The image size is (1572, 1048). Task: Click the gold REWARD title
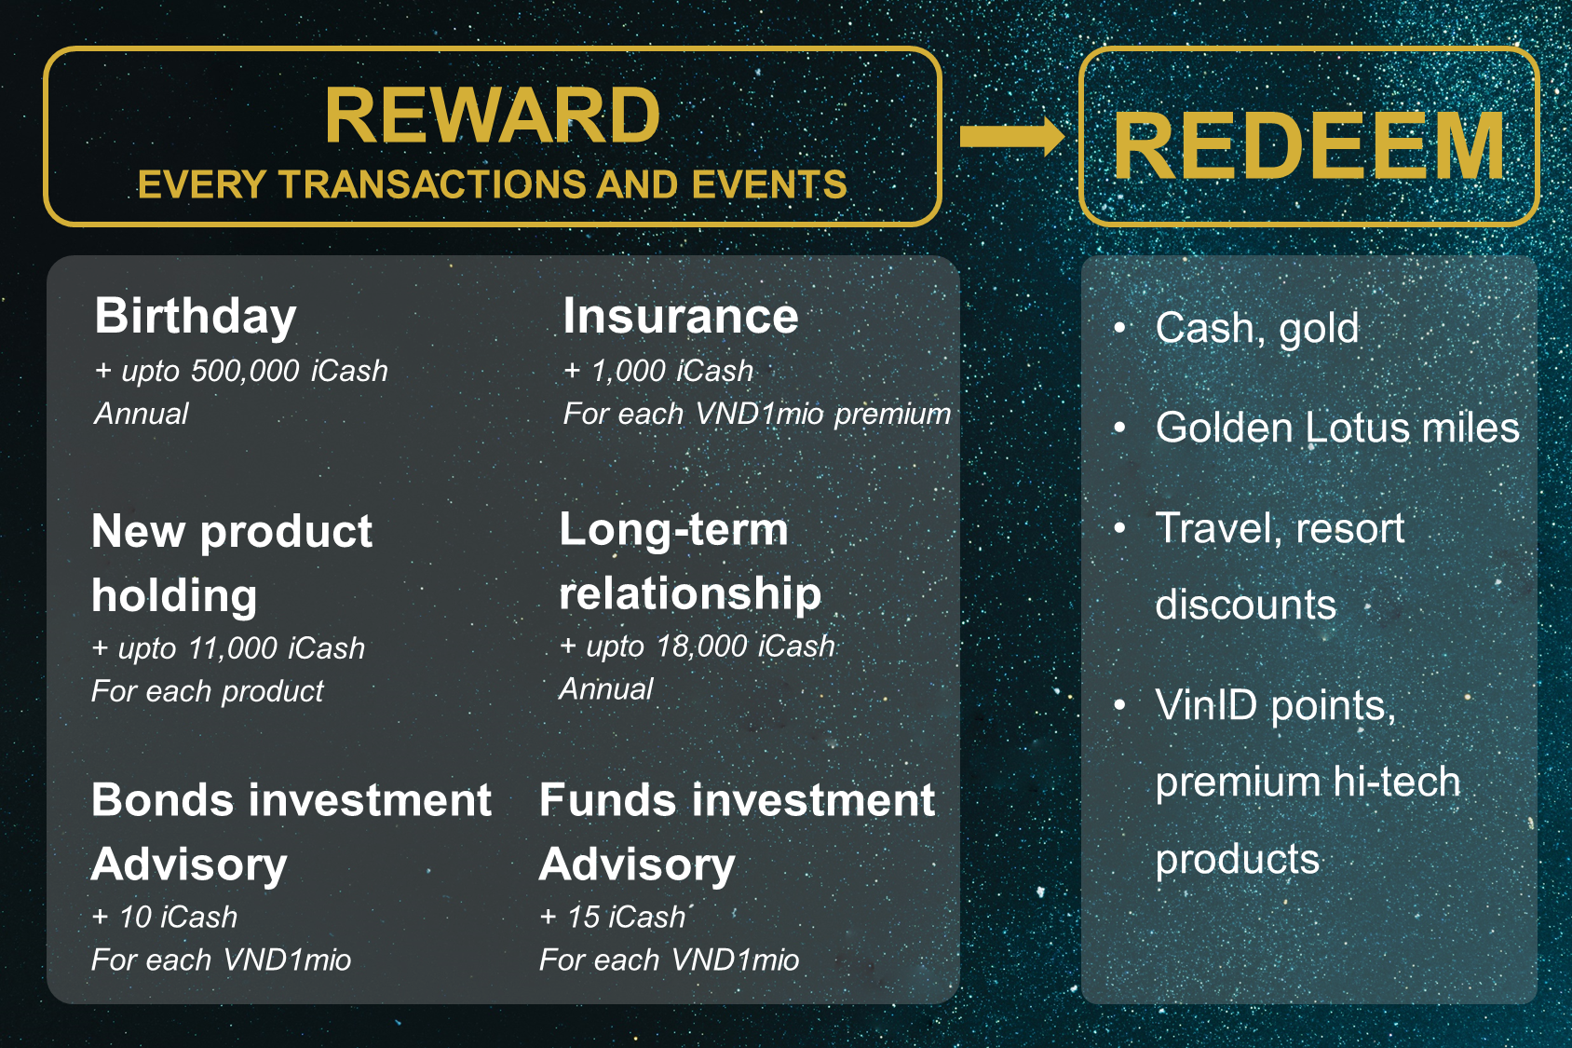coord(492,116)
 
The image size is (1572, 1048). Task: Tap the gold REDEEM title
coord(1309,146)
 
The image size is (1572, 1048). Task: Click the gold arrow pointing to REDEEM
coord(1012,136)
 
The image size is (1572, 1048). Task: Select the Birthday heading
coord(195,318)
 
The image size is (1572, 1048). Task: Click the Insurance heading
coord(681,316)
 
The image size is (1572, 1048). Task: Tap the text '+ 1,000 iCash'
coord(658,371)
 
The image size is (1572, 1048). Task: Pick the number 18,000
coord(700,646)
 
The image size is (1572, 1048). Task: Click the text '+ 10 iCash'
coord(164,917)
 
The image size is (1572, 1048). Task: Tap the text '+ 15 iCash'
coord(612,917)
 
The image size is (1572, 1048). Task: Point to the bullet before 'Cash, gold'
coord(1119,327)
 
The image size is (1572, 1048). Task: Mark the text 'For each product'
coord(208,692)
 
